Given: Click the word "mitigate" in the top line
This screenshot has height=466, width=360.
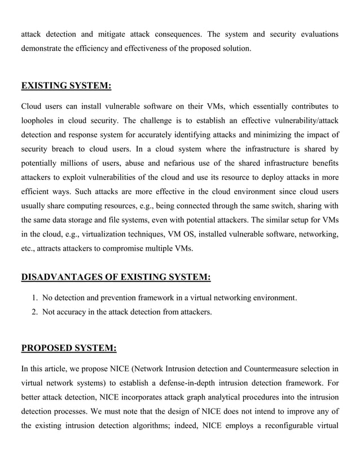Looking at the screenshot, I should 114,34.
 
